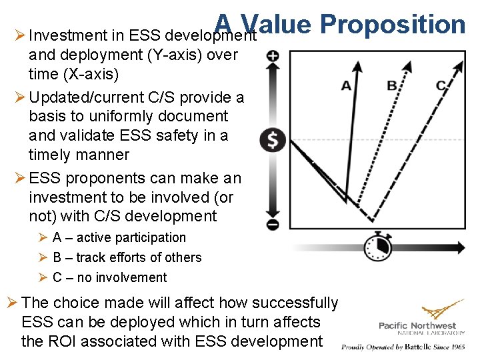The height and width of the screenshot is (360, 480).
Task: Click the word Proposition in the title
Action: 393,24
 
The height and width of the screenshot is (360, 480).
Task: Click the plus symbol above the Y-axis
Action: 273,56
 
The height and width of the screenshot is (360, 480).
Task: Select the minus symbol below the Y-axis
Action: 273,225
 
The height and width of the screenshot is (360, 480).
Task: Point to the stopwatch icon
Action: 377,247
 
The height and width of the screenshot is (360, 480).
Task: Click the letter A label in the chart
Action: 346,85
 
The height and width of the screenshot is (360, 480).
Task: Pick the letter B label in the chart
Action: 392,85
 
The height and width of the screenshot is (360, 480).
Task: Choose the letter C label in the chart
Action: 441,85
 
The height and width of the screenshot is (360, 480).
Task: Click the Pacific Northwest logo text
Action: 417,326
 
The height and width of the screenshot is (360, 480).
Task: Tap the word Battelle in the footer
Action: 416,347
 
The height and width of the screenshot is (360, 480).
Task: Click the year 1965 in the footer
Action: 457,347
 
